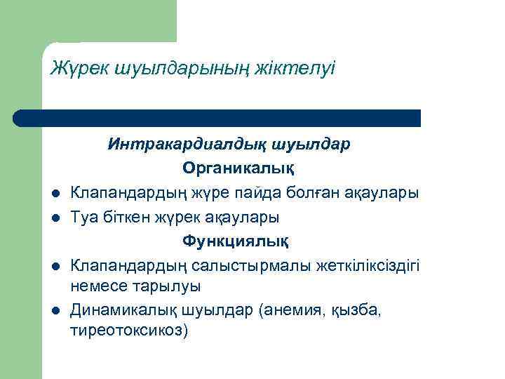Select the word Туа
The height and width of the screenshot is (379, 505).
coord(85,218)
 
